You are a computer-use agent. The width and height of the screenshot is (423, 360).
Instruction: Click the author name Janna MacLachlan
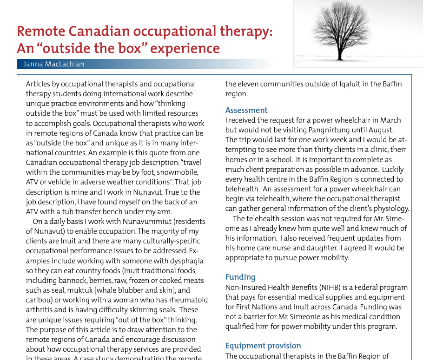click(54, 64)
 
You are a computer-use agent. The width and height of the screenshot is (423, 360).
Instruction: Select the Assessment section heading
click(246, 110)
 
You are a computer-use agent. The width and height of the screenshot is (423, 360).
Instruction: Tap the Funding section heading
click(240, 277)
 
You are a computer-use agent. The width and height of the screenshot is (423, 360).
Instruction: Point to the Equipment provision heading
click(263, 346)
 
